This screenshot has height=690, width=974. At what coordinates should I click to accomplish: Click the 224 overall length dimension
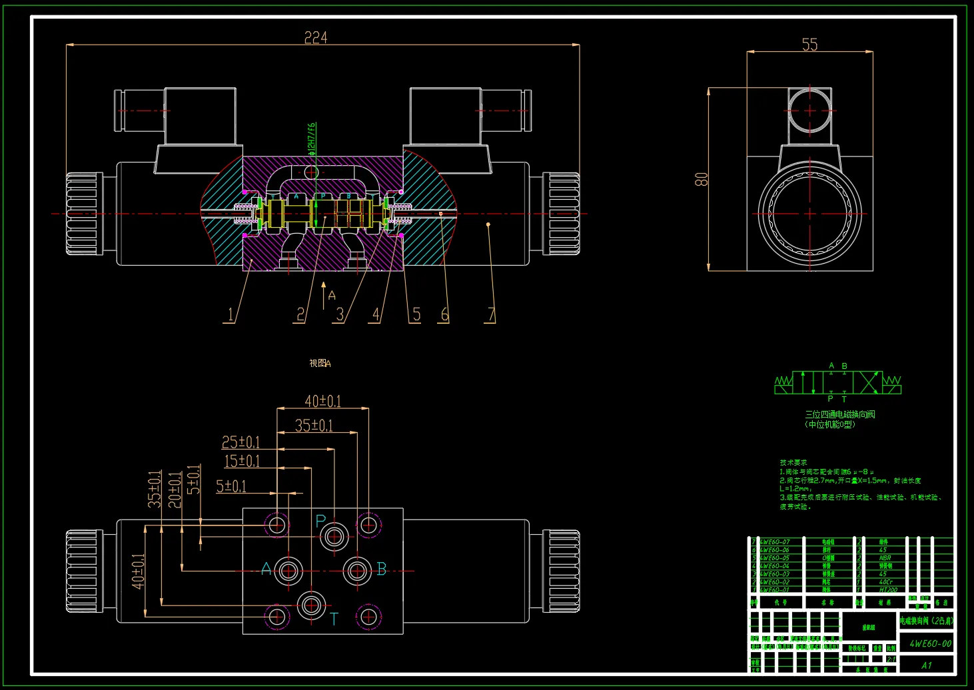(316, 37)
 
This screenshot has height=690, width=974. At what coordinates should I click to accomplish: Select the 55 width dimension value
(809, 45)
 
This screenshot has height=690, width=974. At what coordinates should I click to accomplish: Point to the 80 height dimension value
(702, 179)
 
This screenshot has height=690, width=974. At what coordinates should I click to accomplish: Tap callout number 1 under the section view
(231, 314)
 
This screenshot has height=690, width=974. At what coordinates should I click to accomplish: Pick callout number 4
(376, 314)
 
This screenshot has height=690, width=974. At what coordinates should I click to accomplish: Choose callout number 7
(491, 314)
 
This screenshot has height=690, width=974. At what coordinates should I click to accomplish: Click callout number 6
(444, 314)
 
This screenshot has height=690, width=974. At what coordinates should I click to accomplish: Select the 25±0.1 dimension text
(241, 442)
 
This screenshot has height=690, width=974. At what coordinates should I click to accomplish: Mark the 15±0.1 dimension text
(241, 461)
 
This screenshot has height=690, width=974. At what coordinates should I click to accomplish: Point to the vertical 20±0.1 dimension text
(175, 490)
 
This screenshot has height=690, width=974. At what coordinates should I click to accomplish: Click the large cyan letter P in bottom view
(320, 521)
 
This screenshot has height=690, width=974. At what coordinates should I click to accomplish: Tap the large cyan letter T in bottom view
(334, 619)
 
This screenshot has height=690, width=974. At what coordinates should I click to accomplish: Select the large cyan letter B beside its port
(382, 569)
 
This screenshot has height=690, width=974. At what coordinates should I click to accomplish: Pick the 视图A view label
(320, 363)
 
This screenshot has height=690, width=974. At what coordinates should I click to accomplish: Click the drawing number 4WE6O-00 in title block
(930, 643)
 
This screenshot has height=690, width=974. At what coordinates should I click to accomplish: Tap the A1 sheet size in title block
(927, 665)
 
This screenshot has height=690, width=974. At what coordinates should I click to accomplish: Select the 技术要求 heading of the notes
(793, 462)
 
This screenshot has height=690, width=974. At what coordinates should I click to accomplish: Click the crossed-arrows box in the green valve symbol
(868, 383)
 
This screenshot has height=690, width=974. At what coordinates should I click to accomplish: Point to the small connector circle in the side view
(809, 111)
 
